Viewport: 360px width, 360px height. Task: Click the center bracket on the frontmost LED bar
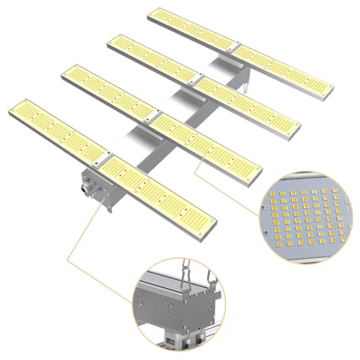coord(101,157)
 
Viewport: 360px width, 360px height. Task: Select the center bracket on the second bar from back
coord(194,80)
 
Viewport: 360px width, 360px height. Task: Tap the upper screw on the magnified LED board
coord(263,207)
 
